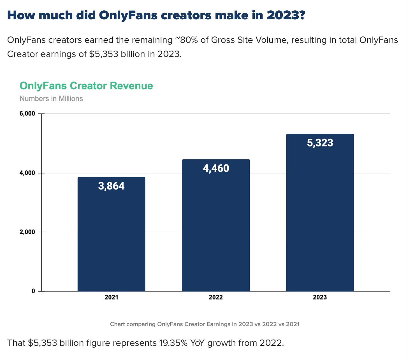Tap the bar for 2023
[320, 213]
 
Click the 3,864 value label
[111, 186]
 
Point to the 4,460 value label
[216, 168]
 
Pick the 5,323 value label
[320, 143]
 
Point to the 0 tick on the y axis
[33, 291]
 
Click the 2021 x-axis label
[111, 297]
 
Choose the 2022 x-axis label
[216, 297]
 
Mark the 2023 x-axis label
[320, 297]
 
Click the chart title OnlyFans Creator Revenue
[86, 86]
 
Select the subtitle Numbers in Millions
[51, 99]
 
